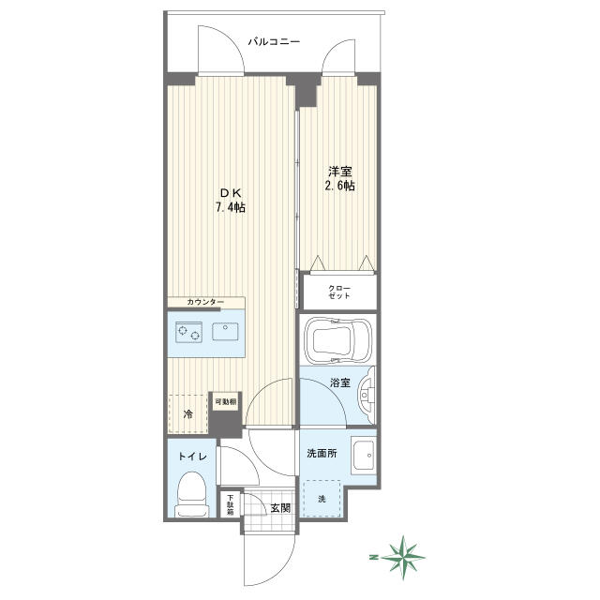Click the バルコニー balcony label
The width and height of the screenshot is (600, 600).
[x=274, y=41]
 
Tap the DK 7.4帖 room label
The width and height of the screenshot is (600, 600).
[x=231, y=200]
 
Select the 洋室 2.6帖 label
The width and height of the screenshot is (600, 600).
[x=339, y=178]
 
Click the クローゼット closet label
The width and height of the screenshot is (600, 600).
[x=339, y=292]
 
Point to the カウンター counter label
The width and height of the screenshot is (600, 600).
[x=205, y=302]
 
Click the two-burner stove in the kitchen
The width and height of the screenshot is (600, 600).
[x=188, y=332]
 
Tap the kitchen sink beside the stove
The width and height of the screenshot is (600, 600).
[x=225, y=331]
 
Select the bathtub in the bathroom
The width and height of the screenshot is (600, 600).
[x=337, y=339]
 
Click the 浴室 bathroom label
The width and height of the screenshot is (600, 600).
[x=340, y=382]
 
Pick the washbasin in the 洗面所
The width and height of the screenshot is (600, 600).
[x=364, y=456]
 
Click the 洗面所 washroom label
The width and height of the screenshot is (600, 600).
[x=322, y=454]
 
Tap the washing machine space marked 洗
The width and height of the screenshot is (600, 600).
[x=322, y=499]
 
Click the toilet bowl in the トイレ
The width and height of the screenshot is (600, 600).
[x=192, y=495]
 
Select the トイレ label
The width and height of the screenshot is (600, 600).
[x=192, y=457]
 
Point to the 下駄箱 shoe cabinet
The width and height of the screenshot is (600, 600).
[x=230, y=504]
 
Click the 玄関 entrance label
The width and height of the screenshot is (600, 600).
[x=280, y=508]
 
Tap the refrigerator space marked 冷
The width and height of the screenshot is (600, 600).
[x=188, y=413]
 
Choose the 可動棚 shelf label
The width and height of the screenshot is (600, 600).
[x=225, y=402]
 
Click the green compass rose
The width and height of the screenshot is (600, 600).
[x=403, y=557]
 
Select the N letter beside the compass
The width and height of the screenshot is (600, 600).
[x=372, y=557]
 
